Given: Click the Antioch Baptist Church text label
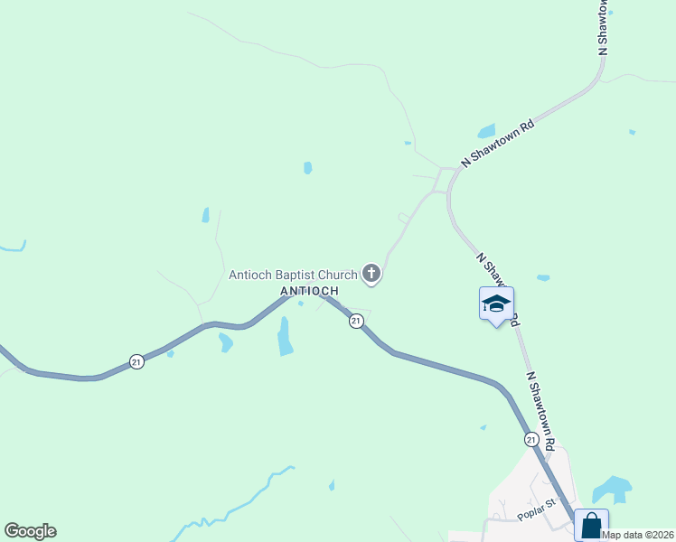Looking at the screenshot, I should (293, 274).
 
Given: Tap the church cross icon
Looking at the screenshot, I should (371, 273).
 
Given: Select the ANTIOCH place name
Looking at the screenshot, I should (309, 291).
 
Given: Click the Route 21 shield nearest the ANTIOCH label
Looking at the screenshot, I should (356, 321).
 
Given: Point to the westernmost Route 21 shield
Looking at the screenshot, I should (136, 360).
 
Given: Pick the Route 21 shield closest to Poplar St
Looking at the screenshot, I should (532, 439).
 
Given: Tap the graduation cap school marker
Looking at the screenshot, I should (496, 304).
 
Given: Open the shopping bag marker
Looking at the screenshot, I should (591, 526).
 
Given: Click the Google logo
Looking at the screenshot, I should (30, 531).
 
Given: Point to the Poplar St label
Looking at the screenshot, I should (534, 516).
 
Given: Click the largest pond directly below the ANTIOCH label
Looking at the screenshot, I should (285, 336).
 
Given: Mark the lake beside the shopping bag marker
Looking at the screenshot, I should (612, 489).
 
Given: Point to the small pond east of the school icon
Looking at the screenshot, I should (542, 277).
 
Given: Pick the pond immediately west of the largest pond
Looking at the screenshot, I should (225, 342).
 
